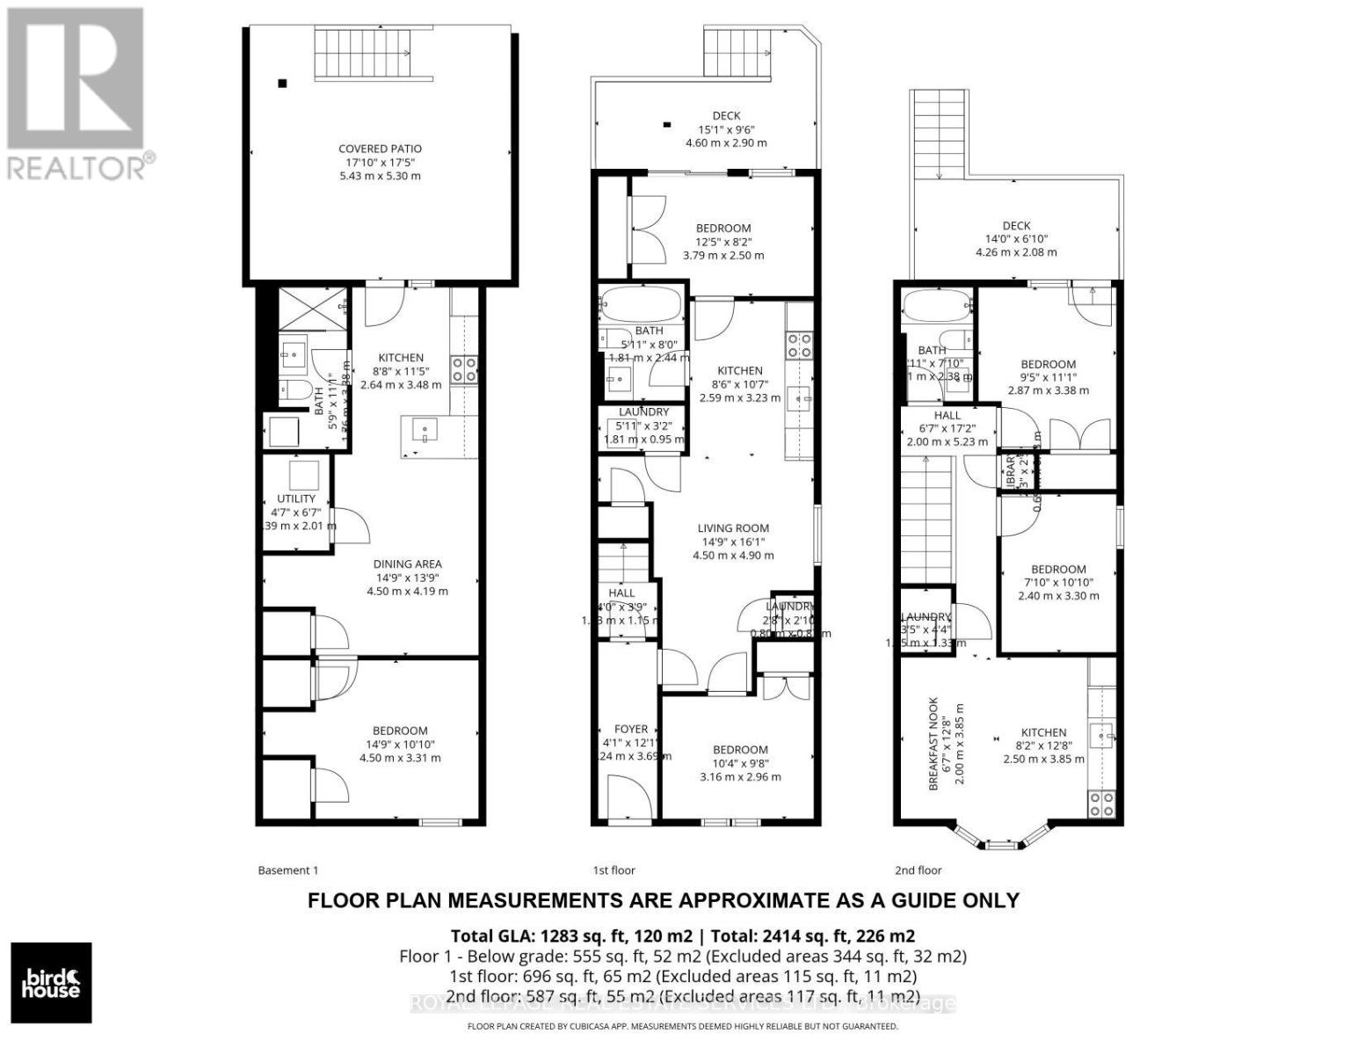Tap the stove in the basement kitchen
tap(464, 368)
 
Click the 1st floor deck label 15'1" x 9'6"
tap(726, 128)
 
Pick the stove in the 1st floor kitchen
tap(799, 345)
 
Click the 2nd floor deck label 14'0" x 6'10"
tap(1016, 238)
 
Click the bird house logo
tap(51, 983)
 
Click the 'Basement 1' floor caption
tap(287, 870)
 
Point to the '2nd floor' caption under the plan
tap(918, 870)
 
